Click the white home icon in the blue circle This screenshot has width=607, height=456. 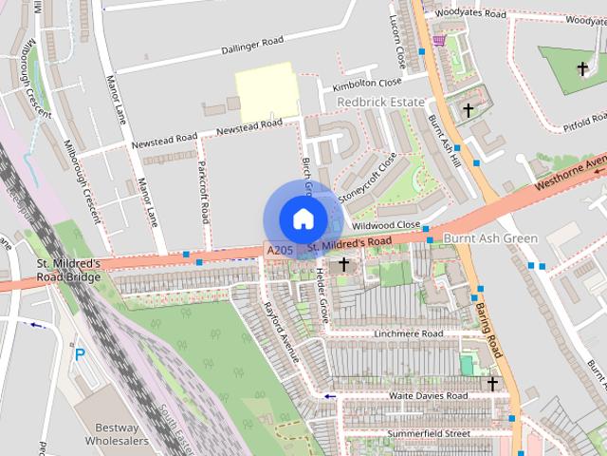pyautogui.click(x=302, y=219)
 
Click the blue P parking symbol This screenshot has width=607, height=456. pyautogui.click(x=80, y=355)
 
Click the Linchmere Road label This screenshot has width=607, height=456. pyautogui.click(x=409, y=334)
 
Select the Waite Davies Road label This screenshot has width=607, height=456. pyautogui.click(x=428, y=395)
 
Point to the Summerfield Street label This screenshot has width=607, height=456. pyautogui.click(x=429, y=434)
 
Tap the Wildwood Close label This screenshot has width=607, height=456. pyautogui.click(x=385, y=225)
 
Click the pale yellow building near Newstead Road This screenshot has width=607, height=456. pyautogui.click(x=267, y=92)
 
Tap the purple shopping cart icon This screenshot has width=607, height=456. pyautogui.click(x=438, y=40)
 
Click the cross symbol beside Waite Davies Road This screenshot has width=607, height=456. pyautogui.click(x=492, y=383)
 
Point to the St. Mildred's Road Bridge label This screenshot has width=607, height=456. pyautogui.click(x=69, y=270)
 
